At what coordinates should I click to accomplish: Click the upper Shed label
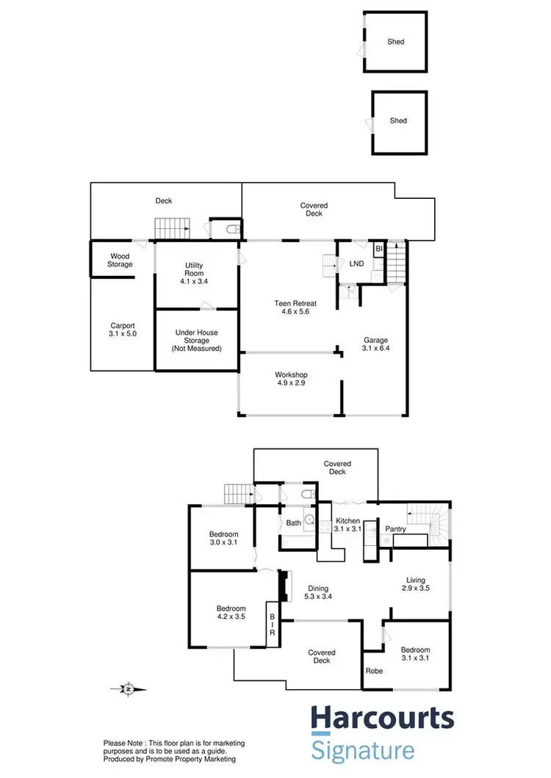tap(396, 42)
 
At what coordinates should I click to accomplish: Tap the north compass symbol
tap(129, 689)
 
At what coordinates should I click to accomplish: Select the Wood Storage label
tap(120, 260)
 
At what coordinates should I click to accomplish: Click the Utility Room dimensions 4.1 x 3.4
tap(194, 280)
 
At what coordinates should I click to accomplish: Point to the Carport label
tap(123, 325)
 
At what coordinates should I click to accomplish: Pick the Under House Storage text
tap(196, 341)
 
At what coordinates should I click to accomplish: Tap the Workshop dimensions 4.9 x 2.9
tap(292, 384)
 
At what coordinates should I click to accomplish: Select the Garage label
tap(375, 340)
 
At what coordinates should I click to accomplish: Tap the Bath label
tap(293, 523)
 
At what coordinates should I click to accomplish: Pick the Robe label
tap(374, 670)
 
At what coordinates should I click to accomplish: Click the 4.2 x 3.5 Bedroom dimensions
tap(231, 617)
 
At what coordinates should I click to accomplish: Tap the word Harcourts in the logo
tap(382, 719)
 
